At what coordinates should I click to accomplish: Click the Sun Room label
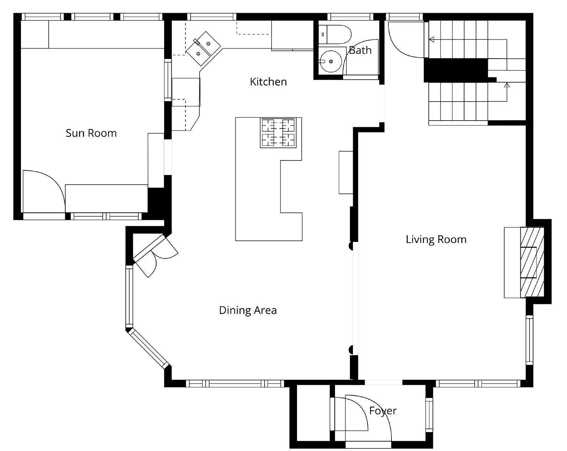[91, 133]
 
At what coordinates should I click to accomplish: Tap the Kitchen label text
[268, 82]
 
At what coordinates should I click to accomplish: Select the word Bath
[360, 50]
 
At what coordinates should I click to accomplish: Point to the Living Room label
[436, 240]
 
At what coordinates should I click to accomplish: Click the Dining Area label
[248, 310]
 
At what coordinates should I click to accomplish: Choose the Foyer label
[383, 411]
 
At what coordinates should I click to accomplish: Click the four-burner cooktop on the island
[278, 132]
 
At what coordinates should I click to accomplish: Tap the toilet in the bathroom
[335, 34]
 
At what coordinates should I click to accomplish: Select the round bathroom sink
[331, 61]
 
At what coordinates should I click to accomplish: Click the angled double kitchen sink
[203, 49]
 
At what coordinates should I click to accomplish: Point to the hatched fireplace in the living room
[532, 262]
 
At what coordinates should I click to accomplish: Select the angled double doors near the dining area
[155, 255]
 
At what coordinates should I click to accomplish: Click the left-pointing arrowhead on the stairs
[431, 40]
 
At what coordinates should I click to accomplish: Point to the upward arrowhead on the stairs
[507, 85]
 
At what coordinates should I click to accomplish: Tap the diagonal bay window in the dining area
[148, 348]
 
